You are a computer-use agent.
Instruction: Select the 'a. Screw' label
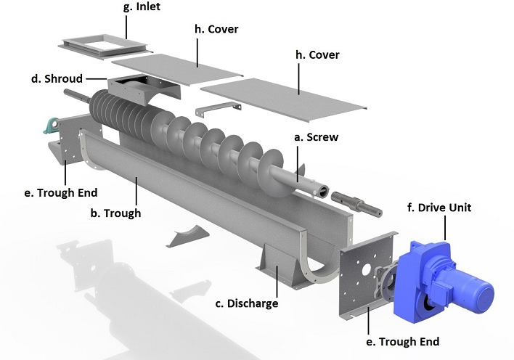tap(315, 136)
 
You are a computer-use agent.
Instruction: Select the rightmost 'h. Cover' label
tap(314, 54)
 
